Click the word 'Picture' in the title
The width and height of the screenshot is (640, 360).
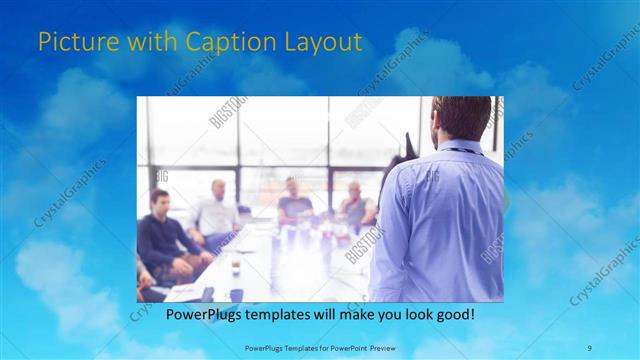pos(72,43)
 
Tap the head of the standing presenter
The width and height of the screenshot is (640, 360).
pos(462,118)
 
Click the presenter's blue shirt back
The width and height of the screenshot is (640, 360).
pos(440,220)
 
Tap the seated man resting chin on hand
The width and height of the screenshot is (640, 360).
pos(354,205)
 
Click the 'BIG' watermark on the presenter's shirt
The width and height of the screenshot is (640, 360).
pos(433,177)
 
